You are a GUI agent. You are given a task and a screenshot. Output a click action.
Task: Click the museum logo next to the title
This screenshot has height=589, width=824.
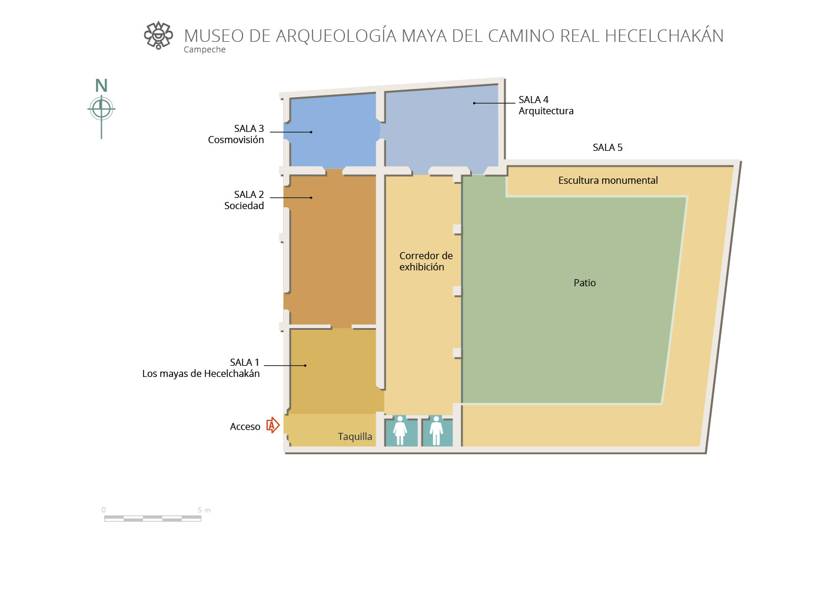coord(158,35)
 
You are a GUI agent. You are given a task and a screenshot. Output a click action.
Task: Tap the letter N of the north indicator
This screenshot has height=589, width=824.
coord(101,85)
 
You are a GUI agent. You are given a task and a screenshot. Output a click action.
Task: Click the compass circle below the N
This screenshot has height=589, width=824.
coord(101,108)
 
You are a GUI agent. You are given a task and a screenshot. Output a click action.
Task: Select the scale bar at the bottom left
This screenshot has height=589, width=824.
coord(152,519)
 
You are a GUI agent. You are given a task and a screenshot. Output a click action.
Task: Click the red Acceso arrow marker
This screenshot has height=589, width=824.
coord(273,425)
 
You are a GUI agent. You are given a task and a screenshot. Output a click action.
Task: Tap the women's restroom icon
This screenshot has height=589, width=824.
coord(400,430)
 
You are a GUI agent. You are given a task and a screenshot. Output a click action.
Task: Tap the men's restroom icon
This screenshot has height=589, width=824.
coord(436,430)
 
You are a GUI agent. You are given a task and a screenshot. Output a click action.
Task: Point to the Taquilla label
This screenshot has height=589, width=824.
coord(355,436)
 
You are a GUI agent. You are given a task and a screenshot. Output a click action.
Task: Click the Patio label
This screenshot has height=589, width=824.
coord(584,283)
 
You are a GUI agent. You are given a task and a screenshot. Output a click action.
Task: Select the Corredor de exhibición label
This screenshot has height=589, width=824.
coord(426,261)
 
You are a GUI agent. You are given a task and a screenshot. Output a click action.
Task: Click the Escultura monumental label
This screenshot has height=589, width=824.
coord(608,180)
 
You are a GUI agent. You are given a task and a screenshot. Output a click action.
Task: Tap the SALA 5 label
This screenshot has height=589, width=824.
coord(607,147)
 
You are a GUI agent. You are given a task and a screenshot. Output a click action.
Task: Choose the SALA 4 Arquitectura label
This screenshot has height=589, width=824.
coord(546,105)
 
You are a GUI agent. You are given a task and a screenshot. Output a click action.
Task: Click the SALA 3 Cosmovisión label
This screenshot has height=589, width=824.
coord(236,134)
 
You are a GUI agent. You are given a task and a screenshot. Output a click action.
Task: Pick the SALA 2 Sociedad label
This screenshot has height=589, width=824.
coord(244,200)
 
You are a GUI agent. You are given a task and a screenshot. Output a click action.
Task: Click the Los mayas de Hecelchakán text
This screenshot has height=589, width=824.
coord(201,373)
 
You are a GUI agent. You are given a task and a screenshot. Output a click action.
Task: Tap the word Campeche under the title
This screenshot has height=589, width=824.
coord(205,49)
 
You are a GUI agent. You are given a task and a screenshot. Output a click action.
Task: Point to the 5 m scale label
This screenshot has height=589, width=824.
coord(204,510)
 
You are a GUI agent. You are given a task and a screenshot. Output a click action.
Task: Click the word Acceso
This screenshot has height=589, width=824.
coord(245,426)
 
